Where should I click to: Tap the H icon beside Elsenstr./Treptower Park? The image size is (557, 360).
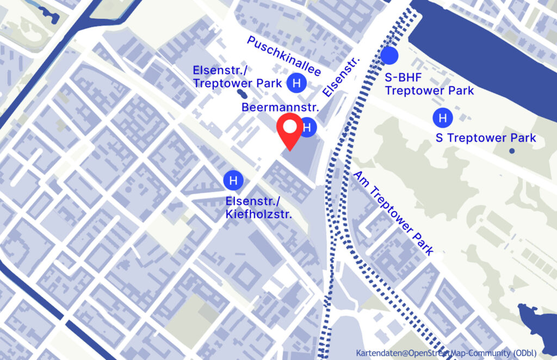pos(296,83)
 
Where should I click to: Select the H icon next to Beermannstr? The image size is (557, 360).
pos(307,127)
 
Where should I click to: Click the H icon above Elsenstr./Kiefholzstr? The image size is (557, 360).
pos(233,180)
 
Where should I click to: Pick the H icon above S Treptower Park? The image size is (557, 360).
pos(442,117)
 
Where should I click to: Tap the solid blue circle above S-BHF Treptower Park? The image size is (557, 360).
pos(389,55)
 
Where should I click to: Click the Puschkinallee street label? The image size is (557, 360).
pos(284,56)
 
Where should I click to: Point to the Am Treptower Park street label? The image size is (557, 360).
pos(394,213)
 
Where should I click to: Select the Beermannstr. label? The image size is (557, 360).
pos(280,108)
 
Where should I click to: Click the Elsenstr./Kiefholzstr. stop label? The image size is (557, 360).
pos(259,208)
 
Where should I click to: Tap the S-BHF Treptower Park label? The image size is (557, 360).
pos(429,84)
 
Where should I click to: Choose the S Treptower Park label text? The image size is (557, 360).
pos(486,138)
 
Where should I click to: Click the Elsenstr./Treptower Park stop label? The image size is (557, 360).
pos(237,77)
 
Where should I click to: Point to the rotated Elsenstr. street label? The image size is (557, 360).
pos(341,78)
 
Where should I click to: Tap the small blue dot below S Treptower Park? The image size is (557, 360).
pos(511,151)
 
